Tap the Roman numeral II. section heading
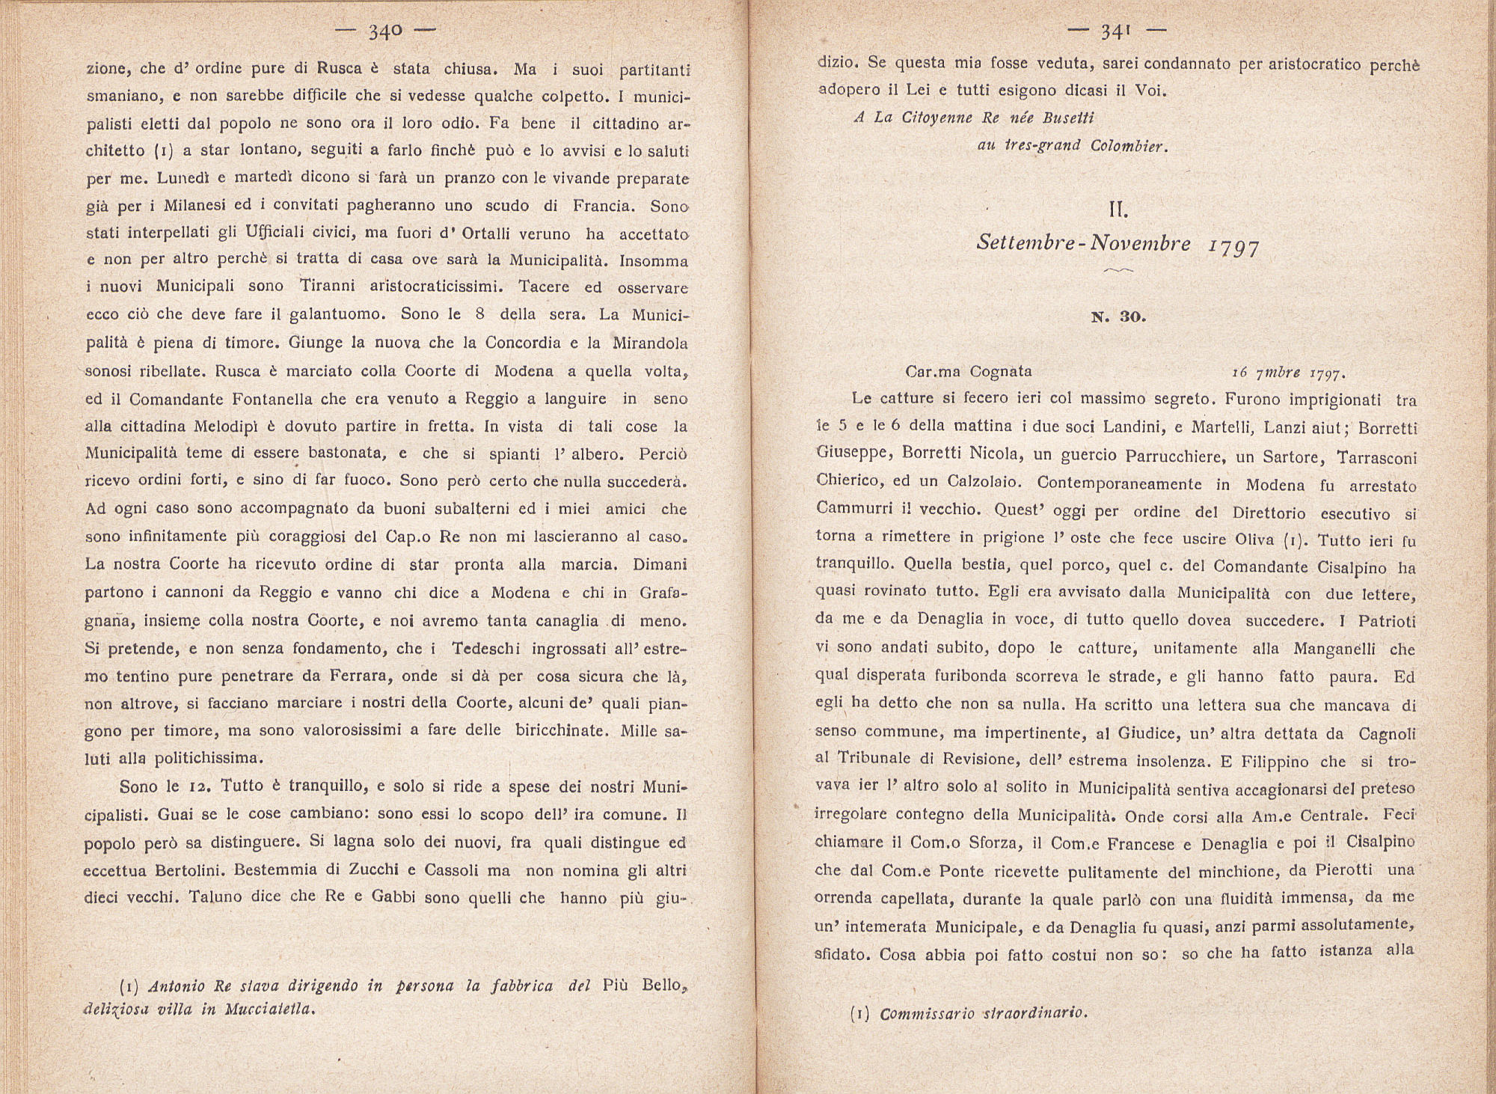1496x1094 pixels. point(1118,211)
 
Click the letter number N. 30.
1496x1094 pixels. point(1118,317)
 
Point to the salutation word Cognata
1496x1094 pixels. point(1001,371)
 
